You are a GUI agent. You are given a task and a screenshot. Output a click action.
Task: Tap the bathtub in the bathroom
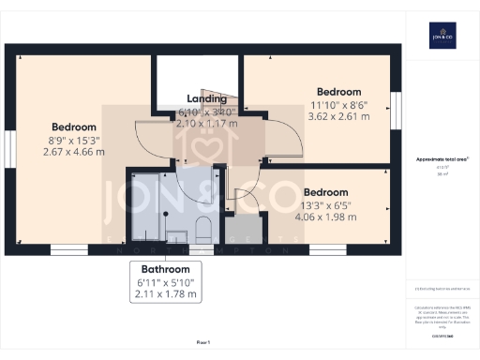pyautogui.click(x=146, y=206)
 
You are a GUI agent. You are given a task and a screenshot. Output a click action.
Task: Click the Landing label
pyautogui.click(x=206, y=98)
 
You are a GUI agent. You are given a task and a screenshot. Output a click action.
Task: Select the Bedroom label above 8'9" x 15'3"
pyautogui.click(x=73, y=127)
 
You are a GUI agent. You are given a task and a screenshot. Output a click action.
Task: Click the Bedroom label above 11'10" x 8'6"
pyautogui.click(x=337, y=92)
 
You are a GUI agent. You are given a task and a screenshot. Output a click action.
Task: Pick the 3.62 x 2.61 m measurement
pyautogui.click(x=337, y=117)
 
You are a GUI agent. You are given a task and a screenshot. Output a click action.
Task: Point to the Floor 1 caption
pyautogui.click(x=202, y=344)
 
